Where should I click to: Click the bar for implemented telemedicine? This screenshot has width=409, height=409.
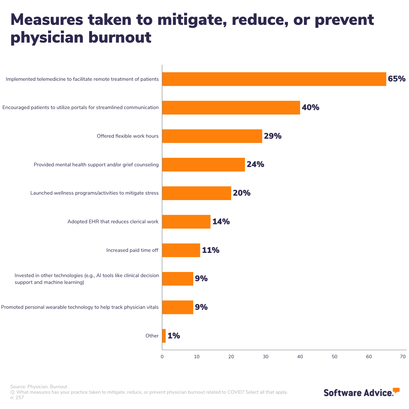[x=274, y=79]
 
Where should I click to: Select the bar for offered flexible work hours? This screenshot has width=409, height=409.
[x=212, y=136]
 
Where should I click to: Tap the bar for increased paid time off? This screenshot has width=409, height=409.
[x=181, y=250]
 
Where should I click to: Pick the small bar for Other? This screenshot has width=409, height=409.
[x=164, y=336]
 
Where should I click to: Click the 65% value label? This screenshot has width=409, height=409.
[x=397, y=79]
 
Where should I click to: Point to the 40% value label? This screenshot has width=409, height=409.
[x=310, y=108]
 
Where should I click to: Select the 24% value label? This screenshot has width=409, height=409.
[x=255, y=165]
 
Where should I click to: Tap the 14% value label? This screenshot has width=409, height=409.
[x=221, y=222]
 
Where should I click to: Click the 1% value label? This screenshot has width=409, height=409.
[x=174, y=336]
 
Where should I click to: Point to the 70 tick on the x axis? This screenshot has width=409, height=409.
[x=403, y=357]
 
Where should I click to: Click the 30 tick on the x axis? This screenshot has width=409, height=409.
[x=266, y=357]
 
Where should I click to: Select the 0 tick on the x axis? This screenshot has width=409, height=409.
[x=162, y=357]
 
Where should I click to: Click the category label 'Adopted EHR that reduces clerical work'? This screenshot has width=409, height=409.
[x=113, y=222]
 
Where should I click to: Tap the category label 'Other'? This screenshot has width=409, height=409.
[x=152, y=336]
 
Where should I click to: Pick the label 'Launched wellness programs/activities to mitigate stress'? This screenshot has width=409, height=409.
[x=94, y=193]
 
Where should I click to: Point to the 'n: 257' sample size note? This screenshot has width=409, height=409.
[x=17, y=397]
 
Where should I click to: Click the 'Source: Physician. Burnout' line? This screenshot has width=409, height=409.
[x=39, y=387]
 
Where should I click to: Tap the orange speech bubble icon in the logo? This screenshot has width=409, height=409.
[x=396, y=390]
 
